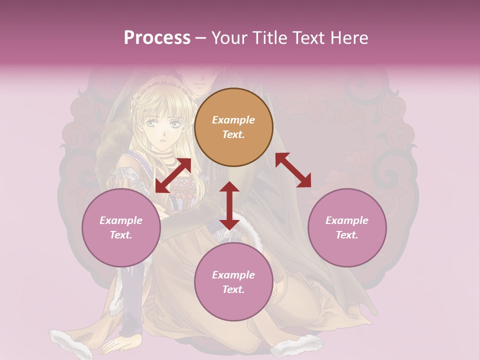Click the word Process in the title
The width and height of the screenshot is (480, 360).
click(x=157, y=38)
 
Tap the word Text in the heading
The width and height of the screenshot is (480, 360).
click(x=307, y=38)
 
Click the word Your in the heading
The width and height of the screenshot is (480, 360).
click(x=230, y=38)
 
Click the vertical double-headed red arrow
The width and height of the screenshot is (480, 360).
click(x=229, y=205)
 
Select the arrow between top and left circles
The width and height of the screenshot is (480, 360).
click(x=173, y=175)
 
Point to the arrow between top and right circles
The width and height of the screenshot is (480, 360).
click(x=293, y=170)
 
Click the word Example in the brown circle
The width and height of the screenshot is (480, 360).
click(x=233, y=120)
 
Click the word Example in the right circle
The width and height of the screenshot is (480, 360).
click(x=347, y=220)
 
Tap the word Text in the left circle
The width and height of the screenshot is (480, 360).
click(x=121, y=235)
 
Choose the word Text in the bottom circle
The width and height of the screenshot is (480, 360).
click(x=233, y=289)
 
